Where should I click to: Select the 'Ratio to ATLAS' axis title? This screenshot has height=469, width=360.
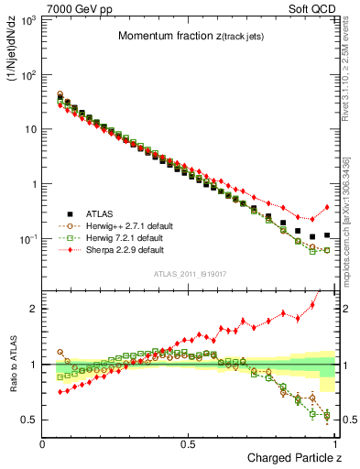14,365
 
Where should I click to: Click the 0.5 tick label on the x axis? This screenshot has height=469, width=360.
188,444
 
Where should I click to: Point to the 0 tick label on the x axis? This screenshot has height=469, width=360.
43,444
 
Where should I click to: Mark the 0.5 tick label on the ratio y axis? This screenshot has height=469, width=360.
31,420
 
